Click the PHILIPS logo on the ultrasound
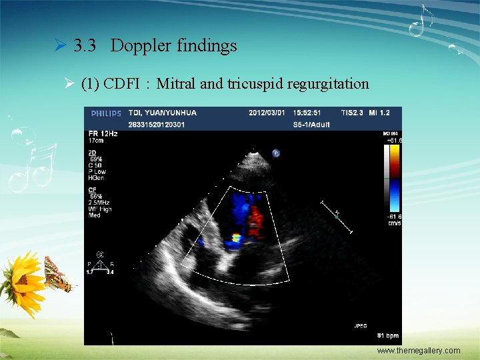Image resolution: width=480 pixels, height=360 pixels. point(107,113)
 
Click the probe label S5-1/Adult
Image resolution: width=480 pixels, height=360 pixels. point(312,123)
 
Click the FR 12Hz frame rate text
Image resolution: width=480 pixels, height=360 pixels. point(104,134)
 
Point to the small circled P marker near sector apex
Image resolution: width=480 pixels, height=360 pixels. point(275,153)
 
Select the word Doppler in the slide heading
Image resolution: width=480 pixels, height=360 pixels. point(141,46)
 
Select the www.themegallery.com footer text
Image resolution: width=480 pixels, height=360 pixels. point(418,351)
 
